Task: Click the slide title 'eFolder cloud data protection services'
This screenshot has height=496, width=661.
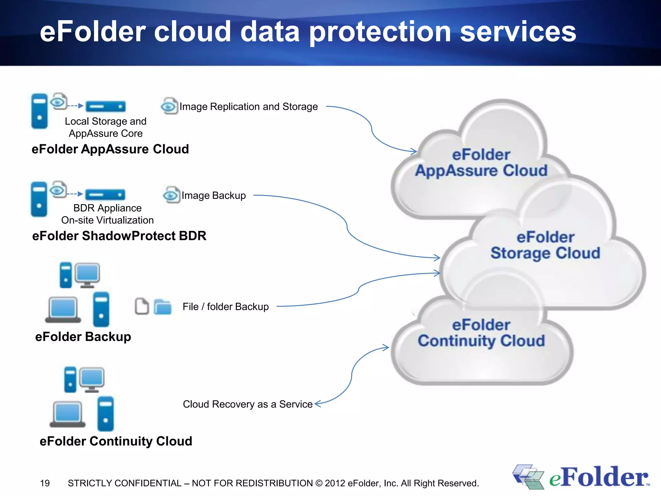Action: click(308, 32)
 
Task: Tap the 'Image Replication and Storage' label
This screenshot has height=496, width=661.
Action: click(249, 107)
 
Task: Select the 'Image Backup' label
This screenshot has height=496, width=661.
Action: click(214, 195)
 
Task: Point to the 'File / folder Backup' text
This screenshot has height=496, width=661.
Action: click(226, 306)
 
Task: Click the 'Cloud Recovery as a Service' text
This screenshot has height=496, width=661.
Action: click(248, 404)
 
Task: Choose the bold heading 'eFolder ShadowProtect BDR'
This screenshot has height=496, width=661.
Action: click(119, 236)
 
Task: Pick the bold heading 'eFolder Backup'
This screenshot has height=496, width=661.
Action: click(83, 336)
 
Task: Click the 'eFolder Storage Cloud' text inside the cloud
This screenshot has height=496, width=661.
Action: click(545, 245)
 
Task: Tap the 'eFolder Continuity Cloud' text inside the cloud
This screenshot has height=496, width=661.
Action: click(481, 333)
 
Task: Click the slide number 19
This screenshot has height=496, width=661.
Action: click(45, 483)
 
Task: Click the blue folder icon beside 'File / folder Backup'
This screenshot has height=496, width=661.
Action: click(163, 307)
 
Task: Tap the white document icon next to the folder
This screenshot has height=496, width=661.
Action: click(142, 306)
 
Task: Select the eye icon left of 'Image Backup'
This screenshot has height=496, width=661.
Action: click(171, 195)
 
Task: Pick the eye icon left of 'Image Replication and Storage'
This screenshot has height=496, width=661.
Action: click(169, 106)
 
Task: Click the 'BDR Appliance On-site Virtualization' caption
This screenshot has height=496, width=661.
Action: click(107, 214)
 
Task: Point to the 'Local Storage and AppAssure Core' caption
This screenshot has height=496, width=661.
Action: click(106, 127)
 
